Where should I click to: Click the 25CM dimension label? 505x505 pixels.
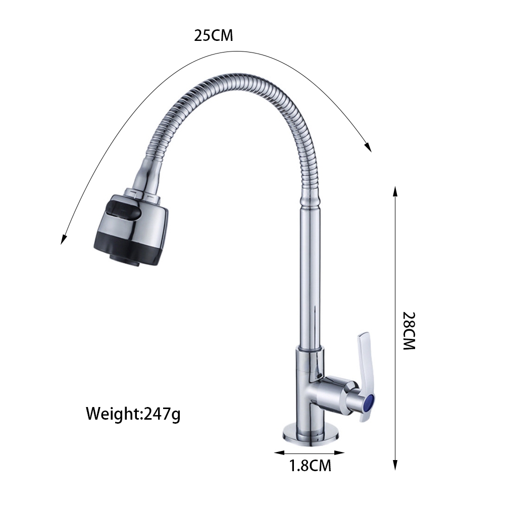click(213, 36)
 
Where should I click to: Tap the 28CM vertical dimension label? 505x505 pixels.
click(409, 331)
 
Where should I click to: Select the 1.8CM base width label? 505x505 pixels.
click(310, 466)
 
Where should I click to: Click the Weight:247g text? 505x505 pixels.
click(133, 414)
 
